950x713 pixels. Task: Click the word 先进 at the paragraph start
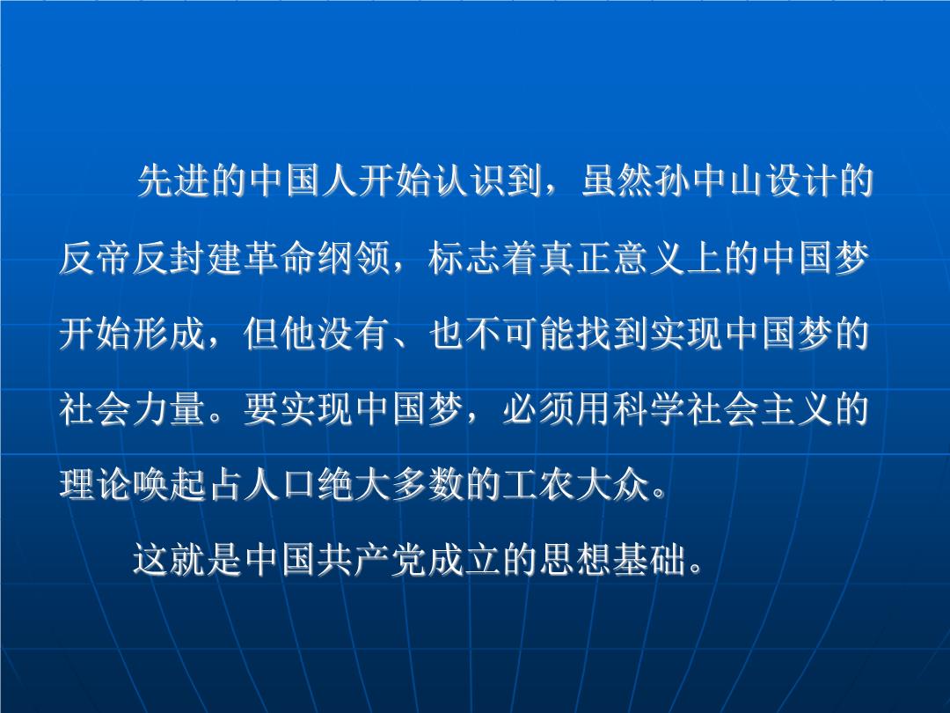click(175, 180)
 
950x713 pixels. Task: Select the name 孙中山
click(710, 180)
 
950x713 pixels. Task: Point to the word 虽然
click(617, 180)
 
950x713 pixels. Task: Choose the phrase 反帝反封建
click(151, 258)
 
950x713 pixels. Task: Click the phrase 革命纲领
click(318, 258)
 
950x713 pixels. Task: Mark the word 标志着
click(484, 258)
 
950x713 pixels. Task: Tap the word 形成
click(171, 333)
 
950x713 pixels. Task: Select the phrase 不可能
click(521, 333)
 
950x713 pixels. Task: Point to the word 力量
click(171, 408)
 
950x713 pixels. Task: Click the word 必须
click(540, 408)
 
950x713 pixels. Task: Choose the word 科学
click(650, 408)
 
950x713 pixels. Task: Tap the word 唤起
click(171, 484)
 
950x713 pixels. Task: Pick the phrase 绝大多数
click(391, 484)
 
